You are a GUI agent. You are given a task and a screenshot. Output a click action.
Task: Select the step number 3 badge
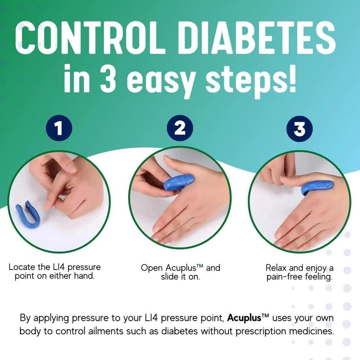pos(300,129)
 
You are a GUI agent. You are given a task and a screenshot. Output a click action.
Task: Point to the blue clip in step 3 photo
pos(317,186)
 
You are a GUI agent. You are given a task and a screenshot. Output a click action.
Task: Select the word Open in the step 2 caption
pos(151,268)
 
